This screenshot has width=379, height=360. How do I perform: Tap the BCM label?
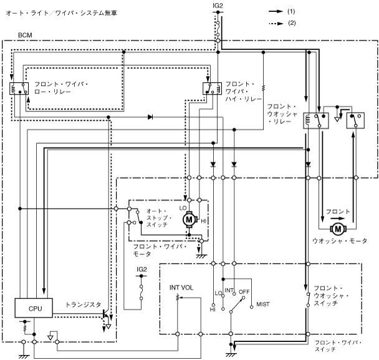(x=26, y=35)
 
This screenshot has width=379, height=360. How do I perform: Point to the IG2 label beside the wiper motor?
(x=143, y=269)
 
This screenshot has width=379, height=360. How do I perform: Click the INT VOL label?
(x=182, y=288)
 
